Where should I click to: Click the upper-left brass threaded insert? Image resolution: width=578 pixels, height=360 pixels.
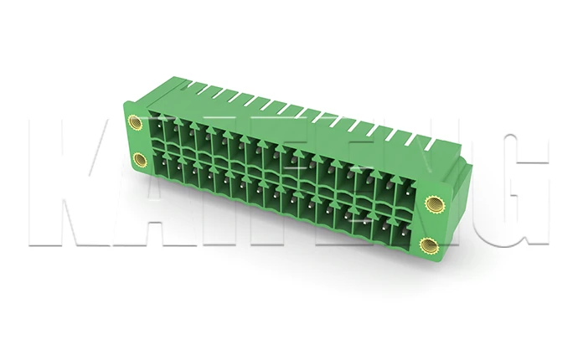pos(134,121)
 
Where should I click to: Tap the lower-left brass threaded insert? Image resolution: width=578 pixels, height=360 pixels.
pos(140,160)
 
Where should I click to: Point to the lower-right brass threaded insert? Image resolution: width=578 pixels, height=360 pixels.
pos(428,245)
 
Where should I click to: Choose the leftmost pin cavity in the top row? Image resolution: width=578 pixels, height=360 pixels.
pos(157,126)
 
